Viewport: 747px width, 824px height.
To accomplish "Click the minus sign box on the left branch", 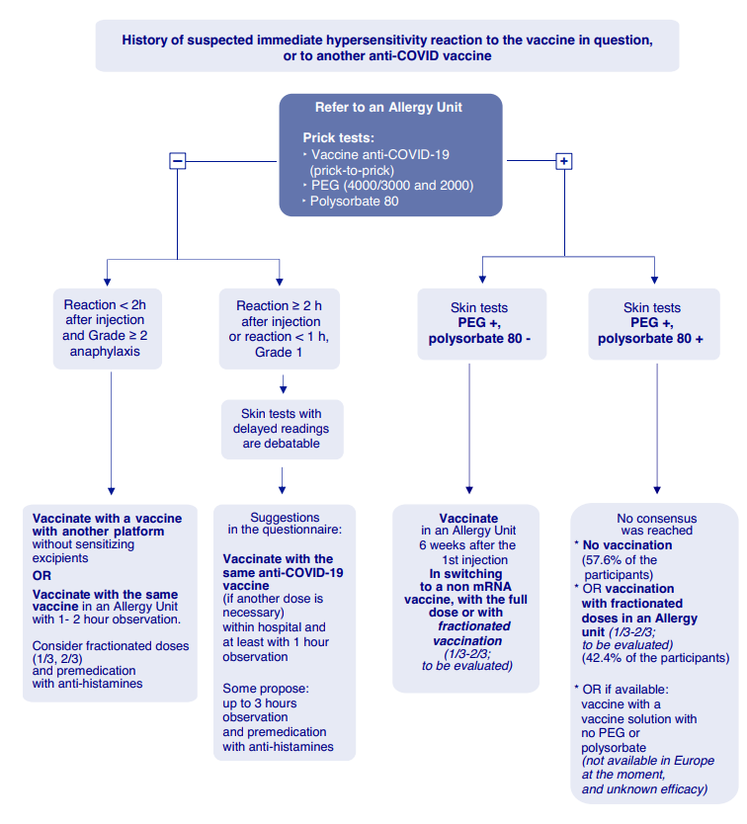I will (178, 161).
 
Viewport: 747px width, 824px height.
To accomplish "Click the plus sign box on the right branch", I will (564, 161).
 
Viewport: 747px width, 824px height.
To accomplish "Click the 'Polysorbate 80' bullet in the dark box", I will (357, 201).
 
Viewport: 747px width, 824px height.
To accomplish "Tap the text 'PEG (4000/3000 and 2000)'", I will (391, 186).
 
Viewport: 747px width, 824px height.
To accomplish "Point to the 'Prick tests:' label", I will (339, 137).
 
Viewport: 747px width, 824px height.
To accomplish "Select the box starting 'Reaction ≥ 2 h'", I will (282, 329).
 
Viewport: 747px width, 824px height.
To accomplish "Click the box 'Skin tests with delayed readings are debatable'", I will (282, 429).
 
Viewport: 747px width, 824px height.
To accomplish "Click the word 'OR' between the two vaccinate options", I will (43, 574).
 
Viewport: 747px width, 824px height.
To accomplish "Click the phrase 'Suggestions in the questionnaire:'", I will (285, 524).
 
